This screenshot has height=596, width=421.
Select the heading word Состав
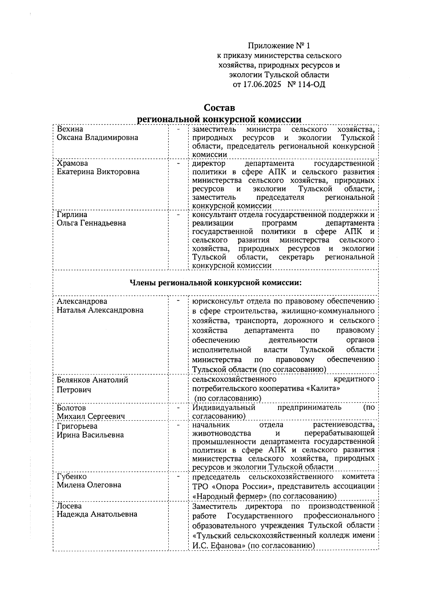[x=220, y=107]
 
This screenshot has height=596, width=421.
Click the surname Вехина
[x=70, y=129]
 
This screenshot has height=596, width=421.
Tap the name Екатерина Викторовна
[x=98, y=172]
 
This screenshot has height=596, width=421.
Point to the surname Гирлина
[x=72, y=215]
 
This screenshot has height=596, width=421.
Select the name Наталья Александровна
[x=100, y=310]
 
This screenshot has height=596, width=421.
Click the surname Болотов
[x=71, y=408]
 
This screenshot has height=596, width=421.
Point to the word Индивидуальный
[x=223, y=407]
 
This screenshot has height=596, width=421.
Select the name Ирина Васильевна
[x=90, y=435]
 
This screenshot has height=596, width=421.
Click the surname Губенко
[x=72, y=477]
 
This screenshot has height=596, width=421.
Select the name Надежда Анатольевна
[x=97, y=514]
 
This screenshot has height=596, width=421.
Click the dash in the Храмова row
[x=178, y=163]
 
